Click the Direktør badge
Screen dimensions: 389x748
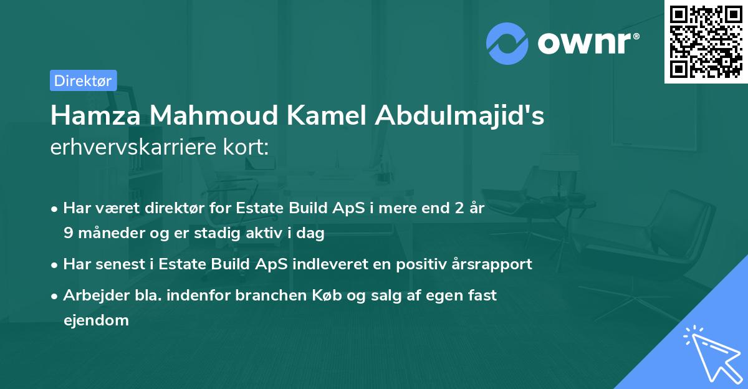point(83,80)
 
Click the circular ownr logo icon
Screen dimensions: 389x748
point(507,43)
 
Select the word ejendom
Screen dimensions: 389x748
point(96,320)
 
